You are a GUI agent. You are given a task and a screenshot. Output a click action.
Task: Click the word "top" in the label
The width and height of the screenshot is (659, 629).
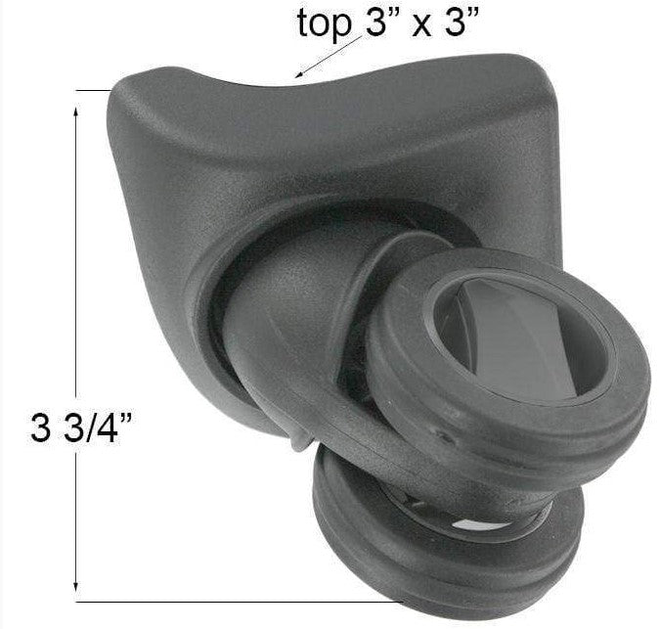click(x=324, y=23)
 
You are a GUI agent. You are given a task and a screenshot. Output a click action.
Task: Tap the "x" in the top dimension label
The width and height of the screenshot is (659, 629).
click(x=421, y=25)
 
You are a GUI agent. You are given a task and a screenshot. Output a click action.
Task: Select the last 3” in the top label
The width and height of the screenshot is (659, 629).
click(x=461, y=21)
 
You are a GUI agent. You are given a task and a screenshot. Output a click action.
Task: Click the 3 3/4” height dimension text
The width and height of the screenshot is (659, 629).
click(x=81, y=427)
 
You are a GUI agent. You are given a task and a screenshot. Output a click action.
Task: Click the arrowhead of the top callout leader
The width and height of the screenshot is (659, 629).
click(x=298, y=75)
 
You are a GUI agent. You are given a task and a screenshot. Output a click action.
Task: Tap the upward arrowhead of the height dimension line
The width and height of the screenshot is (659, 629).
click(x=75, y=112)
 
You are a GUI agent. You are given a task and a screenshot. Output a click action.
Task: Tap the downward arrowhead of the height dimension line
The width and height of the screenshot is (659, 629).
click(x=75, y=587)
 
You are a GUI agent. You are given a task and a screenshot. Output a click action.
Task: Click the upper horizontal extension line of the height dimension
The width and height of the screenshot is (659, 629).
click(x=93, y=90)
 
